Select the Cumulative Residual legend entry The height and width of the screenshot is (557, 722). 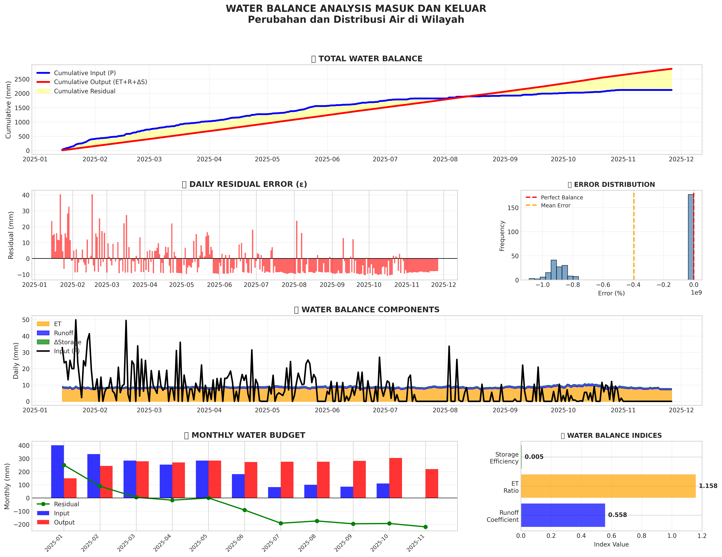(85, 91)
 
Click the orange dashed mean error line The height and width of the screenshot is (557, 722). (634, 238)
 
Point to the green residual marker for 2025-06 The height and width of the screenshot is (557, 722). (245, 510)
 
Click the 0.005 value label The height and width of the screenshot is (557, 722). (534, 457)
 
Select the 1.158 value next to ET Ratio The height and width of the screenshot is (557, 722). (708, 486)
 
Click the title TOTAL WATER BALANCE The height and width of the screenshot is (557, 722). (370, 59)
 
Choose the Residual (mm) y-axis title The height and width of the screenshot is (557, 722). (11, 235)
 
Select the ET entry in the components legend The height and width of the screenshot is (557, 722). (58, 324)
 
